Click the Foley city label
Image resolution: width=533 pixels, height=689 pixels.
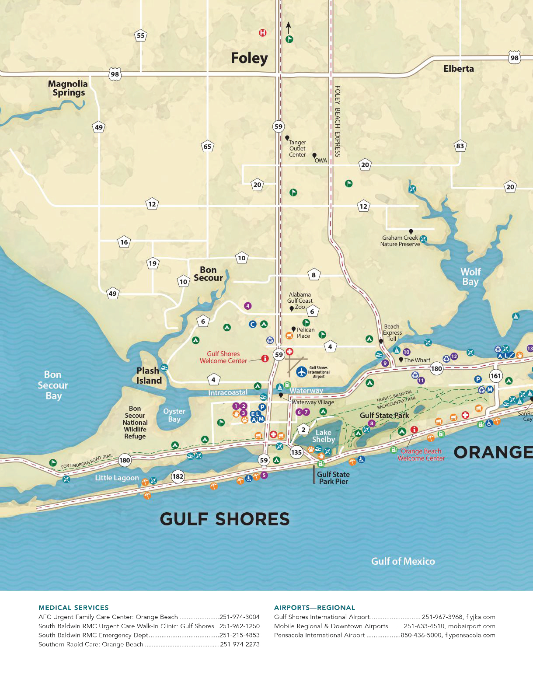(x=249, y=58)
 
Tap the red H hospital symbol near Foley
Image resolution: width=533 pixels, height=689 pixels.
(x=262, y=33)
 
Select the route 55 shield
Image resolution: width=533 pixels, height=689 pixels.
(x=140, y=36)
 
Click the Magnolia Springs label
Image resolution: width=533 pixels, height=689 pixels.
(x=68, y=88)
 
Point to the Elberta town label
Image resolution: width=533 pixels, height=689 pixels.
(x=458, y=69)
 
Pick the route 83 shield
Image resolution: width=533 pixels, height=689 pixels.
(x=460, y=146)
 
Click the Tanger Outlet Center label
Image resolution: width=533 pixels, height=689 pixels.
(x=297, y=149)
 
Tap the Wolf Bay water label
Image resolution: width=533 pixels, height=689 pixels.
(x=470, y=277)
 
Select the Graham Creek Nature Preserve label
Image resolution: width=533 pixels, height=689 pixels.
(x=400, y=241)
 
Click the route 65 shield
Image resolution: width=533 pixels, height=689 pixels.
(x=207, y=147)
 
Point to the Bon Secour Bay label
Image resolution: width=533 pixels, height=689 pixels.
(x=53, y=385)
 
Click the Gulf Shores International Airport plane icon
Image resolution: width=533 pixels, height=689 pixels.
(x=301, y=372)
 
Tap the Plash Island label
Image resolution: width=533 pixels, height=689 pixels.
(x=149, y=375)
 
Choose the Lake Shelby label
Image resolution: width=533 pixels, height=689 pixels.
(x=324, y=436)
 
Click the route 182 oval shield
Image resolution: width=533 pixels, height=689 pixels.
(x=178, y=476)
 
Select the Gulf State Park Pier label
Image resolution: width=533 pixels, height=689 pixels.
(x=333, y=478)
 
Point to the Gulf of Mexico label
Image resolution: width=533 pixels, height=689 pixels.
(x=403, y=561)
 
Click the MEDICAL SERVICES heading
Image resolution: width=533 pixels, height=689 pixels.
(x=73, y=607)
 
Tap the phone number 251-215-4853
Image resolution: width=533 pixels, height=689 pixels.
(x=239, y=635)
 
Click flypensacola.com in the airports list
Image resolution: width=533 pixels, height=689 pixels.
(x=470, y=635)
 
